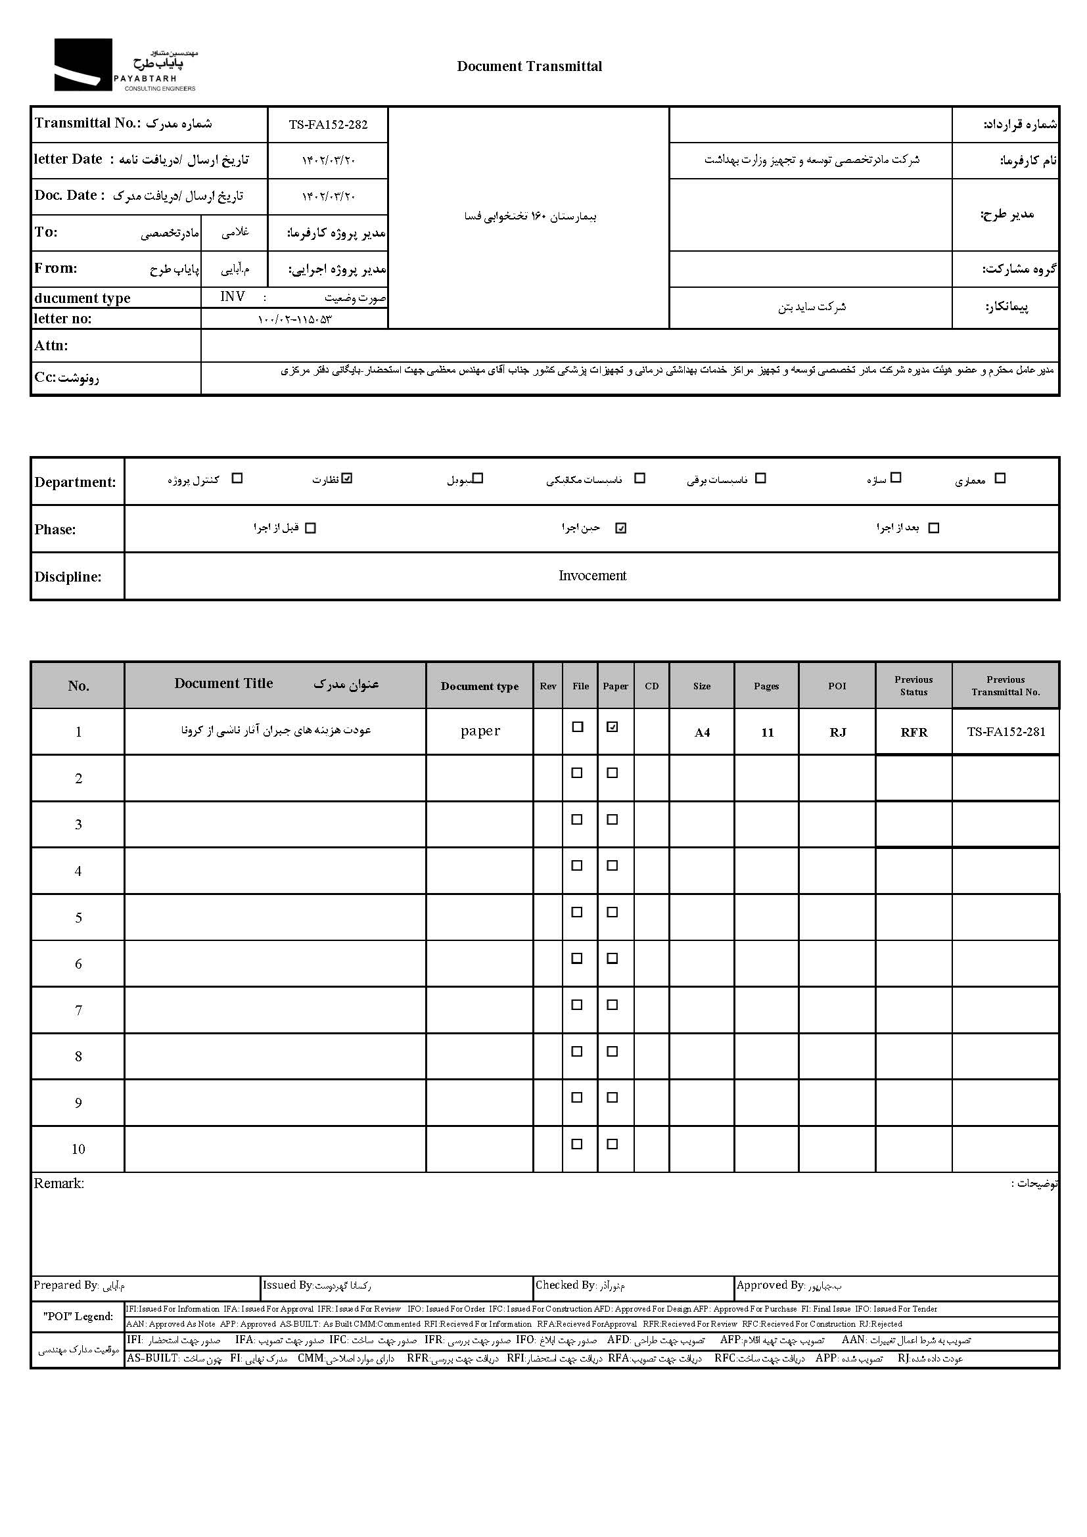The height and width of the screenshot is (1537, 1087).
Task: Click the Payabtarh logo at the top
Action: coord(126,65)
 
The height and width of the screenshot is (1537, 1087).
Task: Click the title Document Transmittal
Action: coord(529,66)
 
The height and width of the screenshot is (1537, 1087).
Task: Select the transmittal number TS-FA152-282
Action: coord(328,124)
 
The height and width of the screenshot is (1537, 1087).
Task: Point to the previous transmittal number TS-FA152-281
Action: coord(1006,731)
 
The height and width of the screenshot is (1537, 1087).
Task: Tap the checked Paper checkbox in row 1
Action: coord(612,727)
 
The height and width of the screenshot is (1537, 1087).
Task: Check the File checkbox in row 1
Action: coord(578,727)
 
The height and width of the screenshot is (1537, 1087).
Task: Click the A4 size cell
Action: coord(701,732)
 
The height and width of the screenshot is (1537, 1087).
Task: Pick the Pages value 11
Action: coord(767,732)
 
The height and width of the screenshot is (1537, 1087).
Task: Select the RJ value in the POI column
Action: coord(837,732)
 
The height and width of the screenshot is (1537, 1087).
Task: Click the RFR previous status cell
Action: coord(914,732)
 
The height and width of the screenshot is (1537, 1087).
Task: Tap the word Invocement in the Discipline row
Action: coord(592,576)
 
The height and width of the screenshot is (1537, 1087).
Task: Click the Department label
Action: coord(75,482)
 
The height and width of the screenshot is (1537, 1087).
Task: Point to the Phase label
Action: coord(55,530)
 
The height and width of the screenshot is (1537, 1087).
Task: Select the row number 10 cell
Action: coord(78,1149)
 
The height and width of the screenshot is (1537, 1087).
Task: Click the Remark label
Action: coord(59,1183)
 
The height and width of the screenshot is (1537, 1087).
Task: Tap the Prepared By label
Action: coord(66,1285)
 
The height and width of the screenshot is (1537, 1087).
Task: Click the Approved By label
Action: coord(770,1285)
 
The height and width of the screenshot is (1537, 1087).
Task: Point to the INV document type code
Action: coord(232,296)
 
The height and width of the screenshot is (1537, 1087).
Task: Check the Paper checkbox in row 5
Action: coord(612,913)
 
